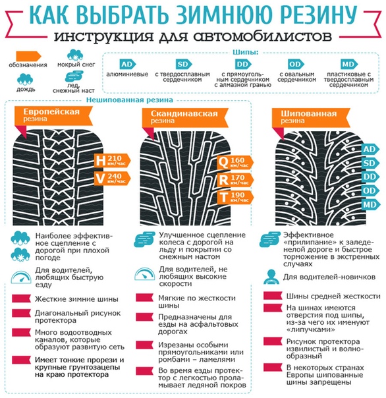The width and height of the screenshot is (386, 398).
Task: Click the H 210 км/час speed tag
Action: point(113,160)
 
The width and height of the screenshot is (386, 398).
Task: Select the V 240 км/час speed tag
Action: point(113,178)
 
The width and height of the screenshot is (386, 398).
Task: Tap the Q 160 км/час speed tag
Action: point(235,163)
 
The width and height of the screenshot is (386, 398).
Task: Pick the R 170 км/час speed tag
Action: point(235,180)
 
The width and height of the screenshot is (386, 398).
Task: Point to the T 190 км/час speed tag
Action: point(235,197)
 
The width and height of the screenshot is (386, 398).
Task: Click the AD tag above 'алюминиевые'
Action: point(127,64)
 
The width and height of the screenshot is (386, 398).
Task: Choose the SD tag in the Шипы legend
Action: point(184,64)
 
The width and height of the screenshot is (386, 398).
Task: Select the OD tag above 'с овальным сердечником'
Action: point(296,64)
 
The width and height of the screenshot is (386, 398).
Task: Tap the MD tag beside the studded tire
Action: point(370,204)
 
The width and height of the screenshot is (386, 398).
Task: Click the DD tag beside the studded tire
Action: point(370,177)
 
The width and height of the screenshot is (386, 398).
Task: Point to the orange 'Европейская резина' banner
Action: point(53,115)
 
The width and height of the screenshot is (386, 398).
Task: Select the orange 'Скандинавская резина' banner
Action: point(185,117)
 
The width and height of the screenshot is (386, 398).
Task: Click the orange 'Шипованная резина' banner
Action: point(311,117)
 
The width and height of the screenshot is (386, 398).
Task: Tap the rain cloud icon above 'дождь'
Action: point(25,79)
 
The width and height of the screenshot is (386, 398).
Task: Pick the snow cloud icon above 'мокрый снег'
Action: point(75,55)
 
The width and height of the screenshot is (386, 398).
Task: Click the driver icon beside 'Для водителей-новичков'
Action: point(271,277)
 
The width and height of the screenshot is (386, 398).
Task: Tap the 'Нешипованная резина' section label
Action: point(129,100)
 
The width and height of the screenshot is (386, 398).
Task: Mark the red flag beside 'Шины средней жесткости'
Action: point(273,296)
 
